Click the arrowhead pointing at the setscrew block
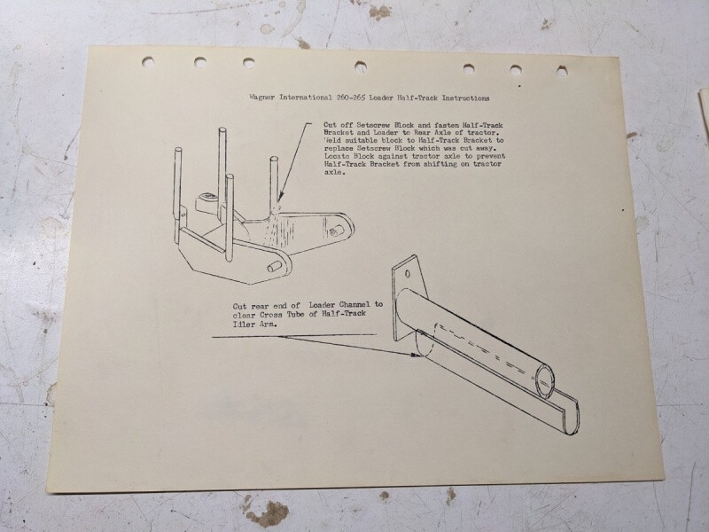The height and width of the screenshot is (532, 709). tap(281, 197)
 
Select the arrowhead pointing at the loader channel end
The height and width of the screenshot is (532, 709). tap(415, 356)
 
